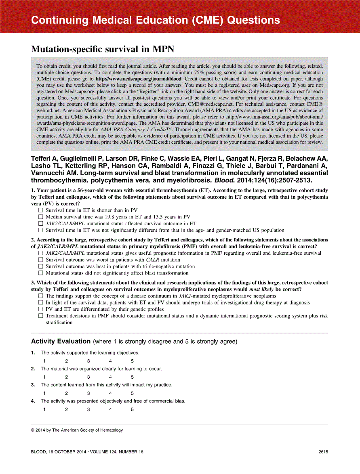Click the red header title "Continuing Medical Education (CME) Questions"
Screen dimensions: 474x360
(x=155, y=21)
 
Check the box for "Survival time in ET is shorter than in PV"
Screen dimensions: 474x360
(x=40, y=210)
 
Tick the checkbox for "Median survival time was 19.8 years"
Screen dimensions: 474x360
(x=40, y=217)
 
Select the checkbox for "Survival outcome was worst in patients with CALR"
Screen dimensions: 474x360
(x=40, y=260)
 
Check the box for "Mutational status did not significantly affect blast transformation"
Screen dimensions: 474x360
(x=40, y=273)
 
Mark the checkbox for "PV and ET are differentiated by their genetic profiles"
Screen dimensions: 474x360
(x=40, y=309)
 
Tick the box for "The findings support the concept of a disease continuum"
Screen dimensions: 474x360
(x=40, y=296)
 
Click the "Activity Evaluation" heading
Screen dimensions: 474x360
(x=61, y=342)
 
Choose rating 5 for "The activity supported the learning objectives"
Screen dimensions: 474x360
(x=132, y=361)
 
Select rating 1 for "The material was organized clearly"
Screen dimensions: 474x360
(x=44, y=377)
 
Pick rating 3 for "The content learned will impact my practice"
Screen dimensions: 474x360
(x=88, y=393)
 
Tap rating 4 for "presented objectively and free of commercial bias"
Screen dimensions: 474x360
(x=110, y=409)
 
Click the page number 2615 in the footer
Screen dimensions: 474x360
(x=323, y=452)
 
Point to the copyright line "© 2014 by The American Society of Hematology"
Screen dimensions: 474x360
(x=77, y=430)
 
